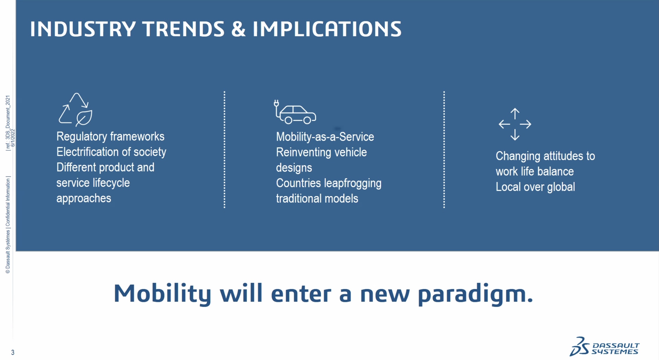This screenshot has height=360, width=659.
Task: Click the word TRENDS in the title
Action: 183,29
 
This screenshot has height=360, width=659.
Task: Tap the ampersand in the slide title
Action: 238,29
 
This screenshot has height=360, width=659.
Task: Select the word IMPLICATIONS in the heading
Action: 327,29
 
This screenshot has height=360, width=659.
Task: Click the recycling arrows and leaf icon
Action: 76,110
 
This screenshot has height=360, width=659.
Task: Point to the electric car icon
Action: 295,112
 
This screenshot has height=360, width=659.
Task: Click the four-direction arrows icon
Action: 515,124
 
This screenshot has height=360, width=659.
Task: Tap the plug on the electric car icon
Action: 276,103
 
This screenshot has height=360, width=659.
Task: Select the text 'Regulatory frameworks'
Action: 111,136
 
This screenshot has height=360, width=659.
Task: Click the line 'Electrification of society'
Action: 111,152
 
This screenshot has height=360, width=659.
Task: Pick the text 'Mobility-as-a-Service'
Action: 325,137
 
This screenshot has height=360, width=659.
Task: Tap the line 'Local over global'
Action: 535,187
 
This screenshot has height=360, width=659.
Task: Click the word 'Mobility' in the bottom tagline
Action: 162,294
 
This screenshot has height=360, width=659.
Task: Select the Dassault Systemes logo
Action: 604,347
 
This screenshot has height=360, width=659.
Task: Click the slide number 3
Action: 13,352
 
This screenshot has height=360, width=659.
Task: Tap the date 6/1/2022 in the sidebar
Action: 13,138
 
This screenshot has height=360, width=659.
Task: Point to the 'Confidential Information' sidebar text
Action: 8,202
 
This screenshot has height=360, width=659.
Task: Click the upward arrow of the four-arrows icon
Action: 515,114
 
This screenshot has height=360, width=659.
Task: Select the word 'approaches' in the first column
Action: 84,198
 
